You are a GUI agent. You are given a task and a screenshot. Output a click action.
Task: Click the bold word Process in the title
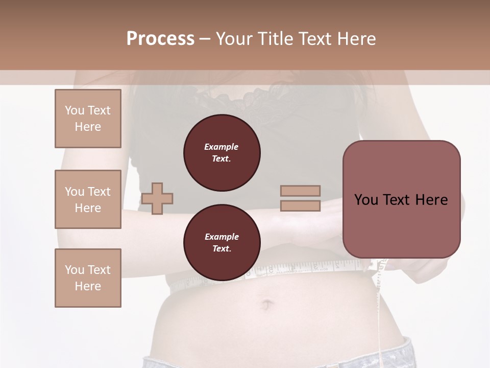160,39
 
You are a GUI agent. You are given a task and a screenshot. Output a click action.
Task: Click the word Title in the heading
274,39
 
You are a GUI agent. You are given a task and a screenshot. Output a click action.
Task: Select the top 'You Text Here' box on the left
88,119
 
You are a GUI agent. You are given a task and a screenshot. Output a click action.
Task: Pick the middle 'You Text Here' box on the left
88,199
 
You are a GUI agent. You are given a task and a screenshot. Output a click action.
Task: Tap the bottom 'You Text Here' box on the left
88,278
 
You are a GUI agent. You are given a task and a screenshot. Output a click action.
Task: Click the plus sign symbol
157,198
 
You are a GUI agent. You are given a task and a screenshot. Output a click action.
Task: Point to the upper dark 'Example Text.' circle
222,153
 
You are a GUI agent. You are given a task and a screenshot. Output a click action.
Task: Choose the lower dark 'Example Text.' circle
222,243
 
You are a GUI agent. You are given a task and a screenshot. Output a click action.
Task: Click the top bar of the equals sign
300,191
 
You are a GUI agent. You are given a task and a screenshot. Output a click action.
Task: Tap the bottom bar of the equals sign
300,206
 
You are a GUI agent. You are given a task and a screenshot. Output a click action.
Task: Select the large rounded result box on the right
401,199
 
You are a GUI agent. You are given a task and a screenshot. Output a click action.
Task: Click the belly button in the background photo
266,306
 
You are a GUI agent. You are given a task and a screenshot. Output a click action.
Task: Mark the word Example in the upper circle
222,147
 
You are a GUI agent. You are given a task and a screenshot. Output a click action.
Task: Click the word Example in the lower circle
222,237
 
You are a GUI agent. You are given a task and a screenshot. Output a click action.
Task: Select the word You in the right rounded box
366,200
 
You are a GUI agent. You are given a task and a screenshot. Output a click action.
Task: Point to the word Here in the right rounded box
431,200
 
